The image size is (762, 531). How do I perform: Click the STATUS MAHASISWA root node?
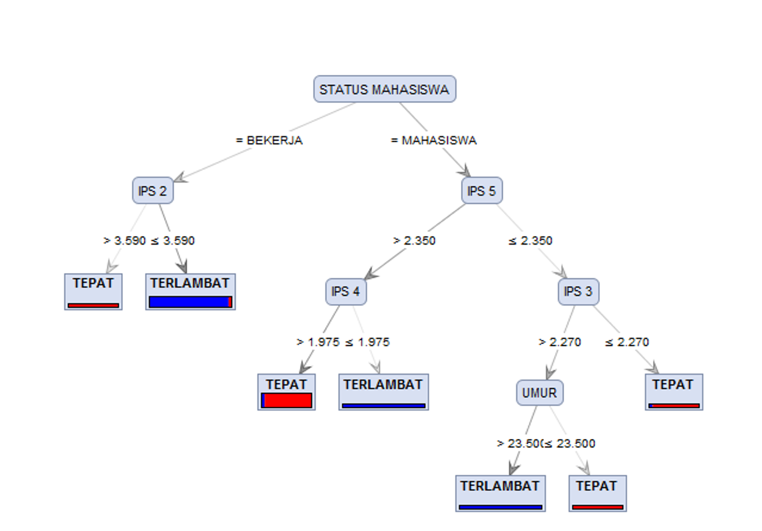click(384, 89)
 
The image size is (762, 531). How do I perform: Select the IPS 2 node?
click(153, 191)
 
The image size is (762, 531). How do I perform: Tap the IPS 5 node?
click(482, 191)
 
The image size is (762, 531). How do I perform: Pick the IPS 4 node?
click(346, 292)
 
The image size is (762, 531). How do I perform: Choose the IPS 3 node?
click(579, 292)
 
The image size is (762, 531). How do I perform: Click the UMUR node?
click(540, 393)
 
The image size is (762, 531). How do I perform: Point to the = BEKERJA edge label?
click(270, 140)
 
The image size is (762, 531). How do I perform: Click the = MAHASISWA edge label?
click(434, 140)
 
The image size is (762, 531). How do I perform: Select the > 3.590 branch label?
click(125, 241)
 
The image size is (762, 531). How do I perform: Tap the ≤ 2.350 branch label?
click(530, 241)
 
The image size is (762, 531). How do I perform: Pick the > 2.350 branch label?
click(414, 241)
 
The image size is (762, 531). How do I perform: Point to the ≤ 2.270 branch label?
click(627, 342)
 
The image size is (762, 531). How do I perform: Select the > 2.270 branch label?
click(560, 342)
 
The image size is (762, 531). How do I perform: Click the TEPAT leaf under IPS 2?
click(94, 292)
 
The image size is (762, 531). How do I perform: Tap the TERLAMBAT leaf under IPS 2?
click(190, 292)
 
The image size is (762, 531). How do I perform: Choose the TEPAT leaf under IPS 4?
click(287, 392)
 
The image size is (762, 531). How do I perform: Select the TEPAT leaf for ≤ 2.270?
click(674, 392)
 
